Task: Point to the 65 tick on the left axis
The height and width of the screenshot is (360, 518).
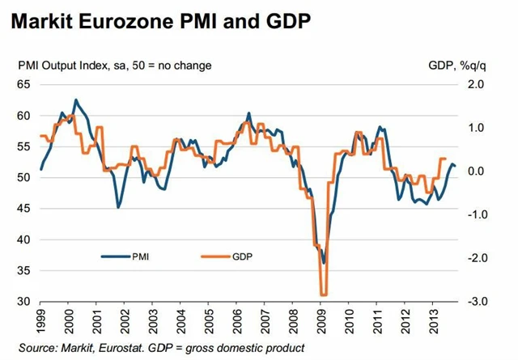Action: (x=22, y=84)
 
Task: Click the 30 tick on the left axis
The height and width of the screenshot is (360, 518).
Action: (x=22, y=302)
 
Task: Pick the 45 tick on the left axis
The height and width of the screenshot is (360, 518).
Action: (x=22, y=209)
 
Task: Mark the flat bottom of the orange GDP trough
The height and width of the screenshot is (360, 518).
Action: (x=323, y=295)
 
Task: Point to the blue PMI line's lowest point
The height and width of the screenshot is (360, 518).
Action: (x=324, y=263)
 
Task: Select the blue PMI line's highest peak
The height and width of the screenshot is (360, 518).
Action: (x=76, y=100)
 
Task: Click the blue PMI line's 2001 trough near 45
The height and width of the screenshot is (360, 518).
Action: (x=118, y=208)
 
